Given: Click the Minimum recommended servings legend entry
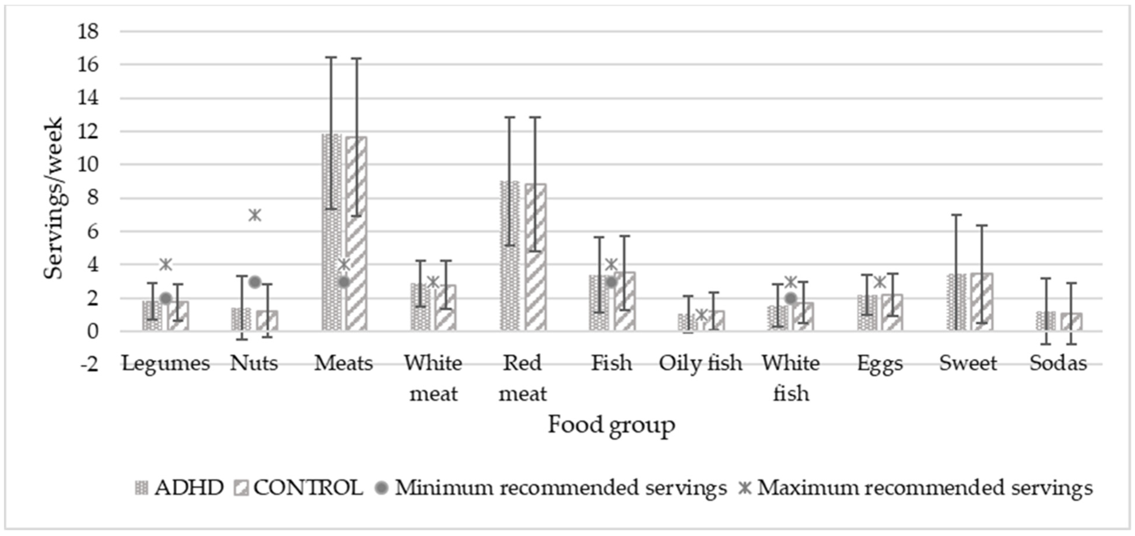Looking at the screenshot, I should [551, 488].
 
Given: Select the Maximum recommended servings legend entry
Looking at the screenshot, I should [916, 488].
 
